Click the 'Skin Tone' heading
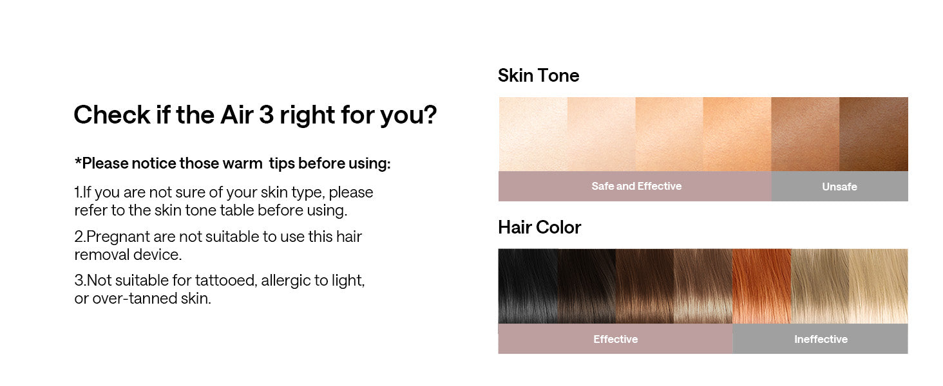click(x=538, y=76)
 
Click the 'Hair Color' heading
click(x=539, y=228)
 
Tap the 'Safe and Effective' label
click(x=636, y=187)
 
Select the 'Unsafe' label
click(x=839, y=187)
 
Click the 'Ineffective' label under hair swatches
click(x=821, y=339)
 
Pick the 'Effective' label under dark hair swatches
click(x=616, y=339)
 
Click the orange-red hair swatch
click(x=762, y=286)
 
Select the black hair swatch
click(x=528, y=286)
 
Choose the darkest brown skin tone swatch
click(x=873, y=134)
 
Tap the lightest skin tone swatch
click(x=533, y=134)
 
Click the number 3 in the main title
click(x=266, y=115)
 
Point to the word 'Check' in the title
click(x=112, y=115)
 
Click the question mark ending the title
click(x=430, y=115)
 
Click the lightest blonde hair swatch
click(x=879, y=286)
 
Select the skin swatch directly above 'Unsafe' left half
click(x=805, y=134)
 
